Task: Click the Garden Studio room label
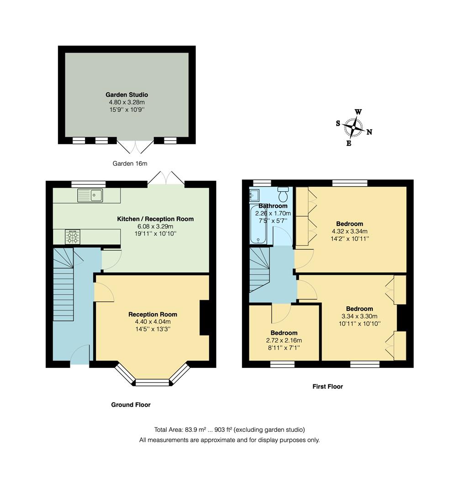click(x=127, y=94)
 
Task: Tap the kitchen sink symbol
click(x=90, y=195)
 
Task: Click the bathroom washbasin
click(x=254, y=196)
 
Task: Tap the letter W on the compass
click(x=359, y=112)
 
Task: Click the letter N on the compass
click(x=369, y=132)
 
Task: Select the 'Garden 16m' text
click(x=130, y=163)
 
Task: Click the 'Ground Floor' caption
click(x=131, y=405)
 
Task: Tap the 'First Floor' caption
click(x=327, y=387)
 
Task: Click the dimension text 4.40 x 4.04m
click(x=153, y=322)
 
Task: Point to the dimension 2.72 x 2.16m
click(x=284, y=340)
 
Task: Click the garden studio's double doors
click(x=136, y=147)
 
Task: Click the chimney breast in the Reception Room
click(x=205, y=317)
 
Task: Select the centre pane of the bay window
click(x=153, y=382)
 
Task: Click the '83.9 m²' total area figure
click(x=196, y=430)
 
